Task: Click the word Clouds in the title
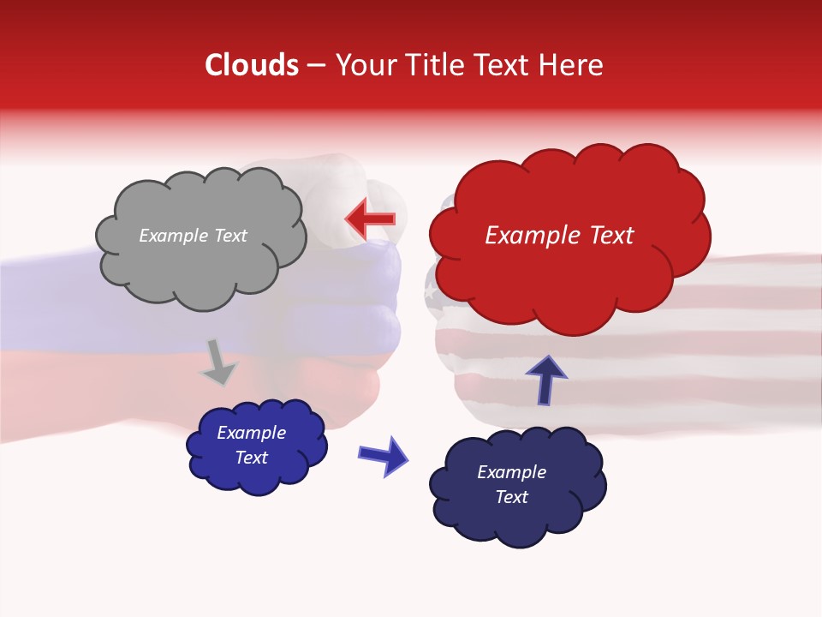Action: pyautogui.click(x=252, y=65)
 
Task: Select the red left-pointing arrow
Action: pyautogui.click(x=371, y=219)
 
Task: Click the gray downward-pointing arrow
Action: pyautogui.click(x=219, y=362)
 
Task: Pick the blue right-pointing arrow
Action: pyautogui.click(x=384, y=455)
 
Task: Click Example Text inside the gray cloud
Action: pyautogui.click(x=193, y=236)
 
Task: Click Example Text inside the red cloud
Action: pyautogui.click(x=559, y=236)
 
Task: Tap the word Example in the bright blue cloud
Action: pyautogui.click(x=251, y=434)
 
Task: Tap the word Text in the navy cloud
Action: pyautogui.click(x=511, y=498)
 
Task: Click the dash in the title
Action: pyautogui.click(x=315, y=66)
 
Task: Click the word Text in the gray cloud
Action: pyautogui.click(x=229, y=236)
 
